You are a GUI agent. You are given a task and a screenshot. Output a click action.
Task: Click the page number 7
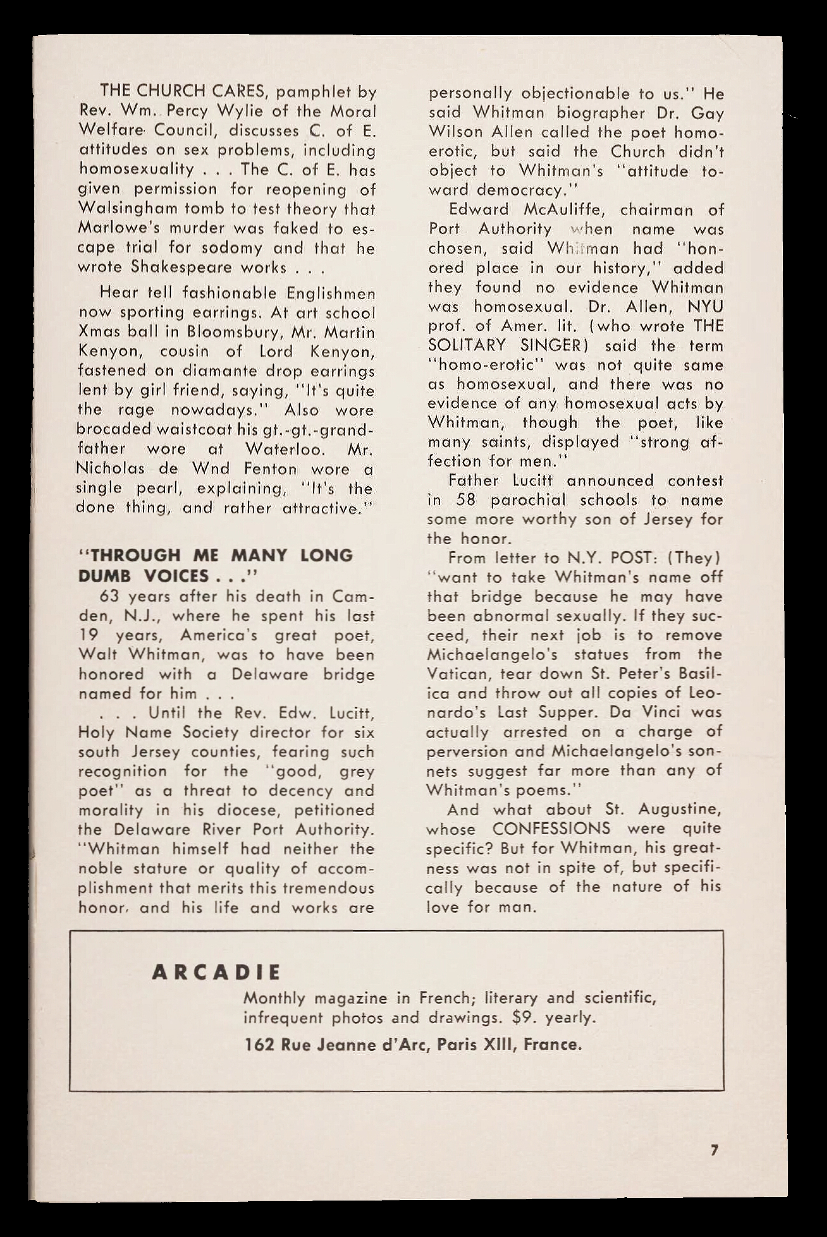coord(714,1150)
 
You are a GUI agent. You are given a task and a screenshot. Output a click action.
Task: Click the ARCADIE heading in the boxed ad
coord(216,972)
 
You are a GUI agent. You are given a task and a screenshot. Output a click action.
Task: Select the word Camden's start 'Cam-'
coord(354,596)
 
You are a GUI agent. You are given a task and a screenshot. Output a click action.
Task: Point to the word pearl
coord(159,488)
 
